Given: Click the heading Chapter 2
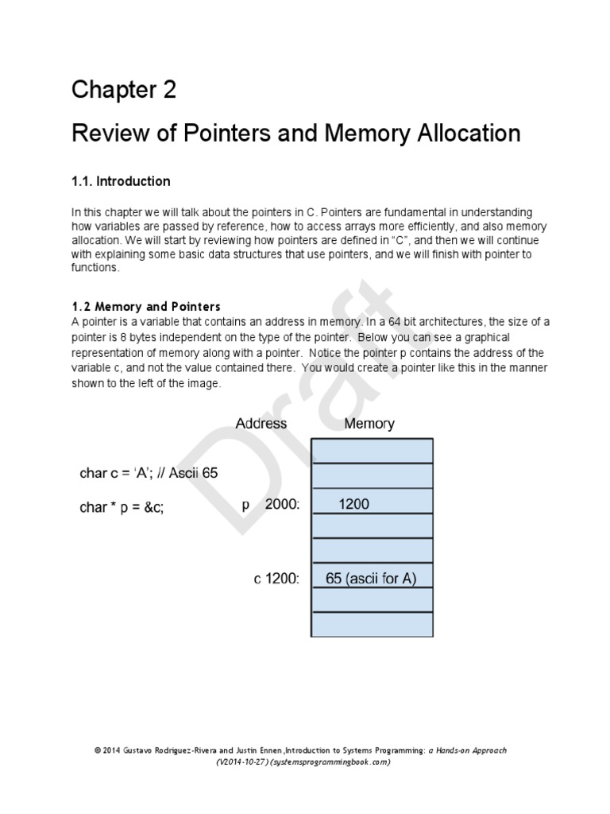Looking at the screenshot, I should pyautogui.click(x=123, y=91).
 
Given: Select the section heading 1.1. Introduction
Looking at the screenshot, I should pyautogui.click(x=121, y=181).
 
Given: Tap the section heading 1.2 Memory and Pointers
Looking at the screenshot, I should pyautogui.click(x=146, y=307).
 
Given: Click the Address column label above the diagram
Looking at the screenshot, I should pyautogui.click(x=261, y=424).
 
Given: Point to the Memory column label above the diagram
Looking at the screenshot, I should pyautogui.click(x=369, y=424).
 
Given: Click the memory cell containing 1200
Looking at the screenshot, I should pyautogui.click(x=353, y=504).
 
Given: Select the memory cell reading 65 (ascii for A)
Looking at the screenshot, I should pyautogui.click(x=371, y=579).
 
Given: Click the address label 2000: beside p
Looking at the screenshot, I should pyautogui.click(x=281, y=504).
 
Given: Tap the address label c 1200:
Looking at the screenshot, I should pyautogui.click(x=276, y=579).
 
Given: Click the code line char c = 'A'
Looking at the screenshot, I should pyautogui.click(x=149, y=472).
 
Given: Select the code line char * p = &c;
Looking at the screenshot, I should pyautogui.click(x=133, y=507).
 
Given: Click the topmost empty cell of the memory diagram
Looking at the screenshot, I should pyautogui.click(x=373, y=451).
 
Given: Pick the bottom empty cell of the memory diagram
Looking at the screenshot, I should pyautogui.click(x=373, y=624).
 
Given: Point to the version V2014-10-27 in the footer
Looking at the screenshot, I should pyautogui.click(x=242, y=762).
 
